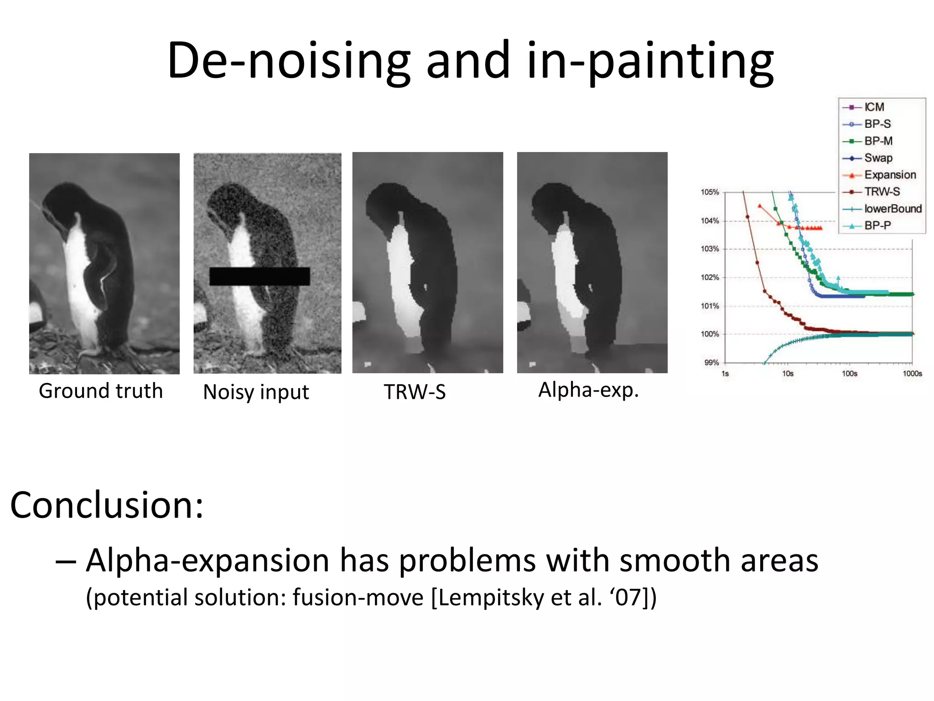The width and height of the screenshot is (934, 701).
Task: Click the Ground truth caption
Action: pos(101,391)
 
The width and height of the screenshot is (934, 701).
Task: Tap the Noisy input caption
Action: pos(256,392)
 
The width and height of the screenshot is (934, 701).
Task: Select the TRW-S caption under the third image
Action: pos(415,392)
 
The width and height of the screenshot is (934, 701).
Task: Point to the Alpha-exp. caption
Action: pos(588,390)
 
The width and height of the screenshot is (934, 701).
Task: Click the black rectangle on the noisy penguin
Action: pos(259,277)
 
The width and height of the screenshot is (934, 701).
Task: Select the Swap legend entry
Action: pos(878,158)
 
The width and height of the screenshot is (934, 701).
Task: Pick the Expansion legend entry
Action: pos(889,175)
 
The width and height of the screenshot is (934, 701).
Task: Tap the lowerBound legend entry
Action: pos(892,209)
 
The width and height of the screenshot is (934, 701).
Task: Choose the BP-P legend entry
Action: pos(877,226)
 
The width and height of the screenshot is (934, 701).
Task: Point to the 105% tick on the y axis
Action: pos(710,192)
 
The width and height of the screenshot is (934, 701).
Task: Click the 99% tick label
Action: pos(711,363)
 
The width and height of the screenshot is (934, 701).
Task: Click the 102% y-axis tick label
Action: pos(710,277)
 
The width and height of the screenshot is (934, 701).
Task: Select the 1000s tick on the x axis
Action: pos(912,374)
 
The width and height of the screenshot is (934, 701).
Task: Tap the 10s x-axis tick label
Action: pos(788,374)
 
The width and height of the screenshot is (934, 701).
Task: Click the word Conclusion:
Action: pos(107,506)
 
